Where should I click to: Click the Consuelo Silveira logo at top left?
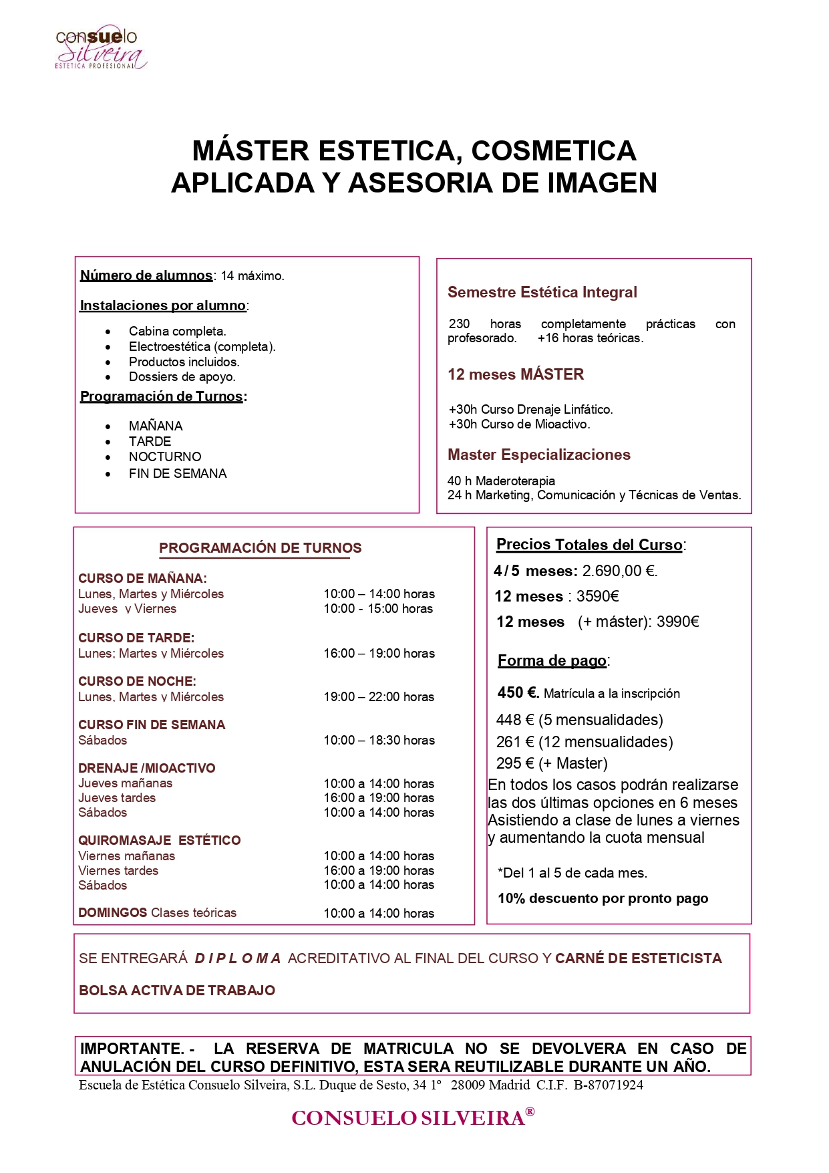pos(100,47)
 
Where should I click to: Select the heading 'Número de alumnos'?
pos(146,275)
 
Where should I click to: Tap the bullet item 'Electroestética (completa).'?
pos(202,347)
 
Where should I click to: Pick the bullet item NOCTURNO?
pos(165,457)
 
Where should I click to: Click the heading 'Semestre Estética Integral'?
pos(542,293)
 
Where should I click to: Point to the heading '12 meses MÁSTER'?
pos(516,375)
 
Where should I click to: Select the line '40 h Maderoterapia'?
pos(501,481)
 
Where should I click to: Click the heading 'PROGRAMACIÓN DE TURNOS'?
pos(260,548)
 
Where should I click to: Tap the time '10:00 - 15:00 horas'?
pos(378,609)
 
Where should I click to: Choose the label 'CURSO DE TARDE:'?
pos(136,638)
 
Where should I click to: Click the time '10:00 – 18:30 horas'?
pos(379,741)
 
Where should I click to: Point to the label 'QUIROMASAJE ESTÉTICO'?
pos(159,841)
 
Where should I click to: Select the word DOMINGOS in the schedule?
pos(112,913)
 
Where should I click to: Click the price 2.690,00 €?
pos(619,571)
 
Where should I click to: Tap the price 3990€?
pos(677,622)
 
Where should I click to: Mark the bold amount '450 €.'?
pos(518,693)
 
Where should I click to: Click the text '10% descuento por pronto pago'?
pos(603,899)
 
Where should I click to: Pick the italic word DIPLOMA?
pos(238,959)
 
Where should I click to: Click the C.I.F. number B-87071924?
pos(608,1085)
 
